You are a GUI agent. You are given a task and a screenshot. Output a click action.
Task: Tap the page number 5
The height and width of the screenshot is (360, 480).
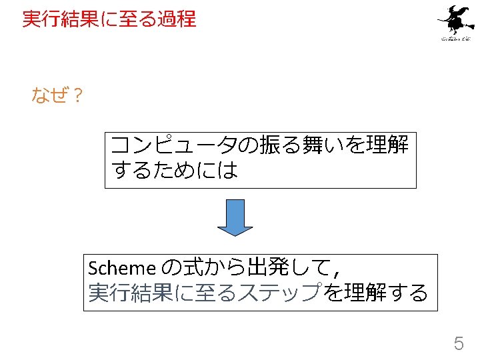pos(459,344)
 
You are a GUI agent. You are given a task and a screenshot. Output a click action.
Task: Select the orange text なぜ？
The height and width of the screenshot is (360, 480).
pos(57,96)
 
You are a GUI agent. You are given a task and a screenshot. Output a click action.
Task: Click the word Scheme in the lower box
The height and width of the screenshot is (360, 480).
pos(121,268)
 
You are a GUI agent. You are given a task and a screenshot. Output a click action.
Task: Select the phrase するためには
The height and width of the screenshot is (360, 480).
pos(175,171)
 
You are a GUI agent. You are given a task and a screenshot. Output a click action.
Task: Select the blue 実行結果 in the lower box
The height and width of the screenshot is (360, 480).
pos(129,293)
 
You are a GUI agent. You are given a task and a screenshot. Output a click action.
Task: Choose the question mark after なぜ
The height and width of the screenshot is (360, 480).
pos(77,96)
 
